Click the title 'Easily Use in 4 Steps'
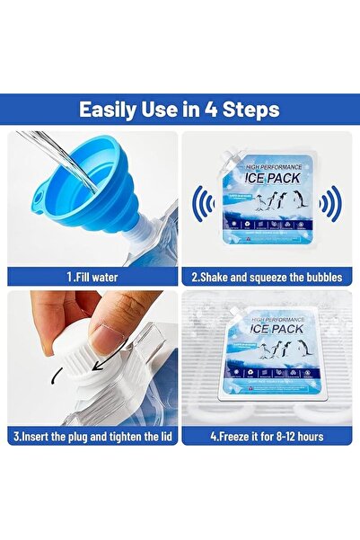point(180,111)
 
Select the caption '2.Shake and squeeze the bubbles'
point(268,279)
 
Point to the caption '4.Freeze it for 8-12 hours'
point(268,437)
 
